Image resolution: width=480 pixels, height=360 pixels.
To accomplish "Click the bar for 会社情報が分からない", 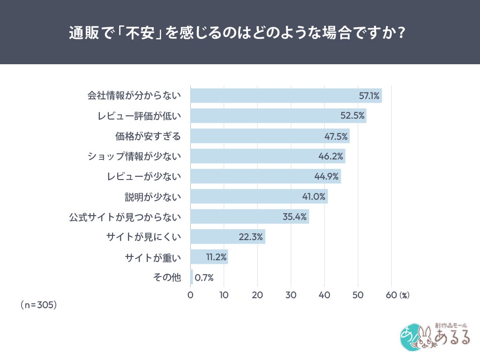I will pyautogui.click(x=286, y=96).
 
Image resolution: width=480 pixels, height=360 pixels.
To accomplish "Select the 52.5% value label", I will pyautogui.click(x=352, y=116).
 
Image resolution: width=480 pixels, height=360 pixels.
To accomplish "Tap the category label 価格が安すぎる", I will pyautogui.click(x=148, y=136).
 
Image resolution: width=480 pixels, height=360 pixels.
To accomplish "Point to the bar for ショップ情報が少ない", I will pyautogui.click(x=268, y=156).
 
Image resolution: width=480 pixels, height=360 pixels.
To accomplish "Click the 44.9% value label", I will pyautogui.click(x=327, y=177).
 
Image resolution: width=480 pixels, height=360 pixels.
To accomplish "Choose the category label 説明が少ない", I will pyautogui.click(x=152, y=197).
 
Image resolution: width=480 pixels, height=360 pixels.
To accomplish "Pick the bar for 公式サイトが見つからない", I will pyautogui.click(x=249, y=217).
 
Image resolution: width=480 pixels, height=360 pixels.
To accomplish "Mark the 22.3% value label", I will pyautogui.click(x=251, y=237).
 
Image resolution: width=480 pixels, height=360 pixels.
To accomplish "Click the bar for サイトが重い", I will pyautogui.click(x=209, y=257).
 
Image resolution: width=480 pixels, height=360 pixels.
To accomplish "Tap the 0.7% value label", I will pyautogui.click(x=204, y=277).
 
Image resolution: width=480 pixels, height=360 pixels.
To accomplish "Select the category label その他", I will pyautogui.click(x=167, y=277).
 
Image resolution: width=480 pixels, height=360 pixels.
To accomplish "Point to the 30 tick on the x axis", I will pyautogui.click(x=291, y=295).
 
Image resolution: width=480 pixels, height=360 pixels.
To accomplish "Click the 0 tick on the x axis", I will pyautogui.click(x=190, y=295).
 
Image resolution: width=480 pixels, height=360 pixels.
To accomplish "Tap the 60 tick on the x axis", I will pyautogui.click(x=391, y=295).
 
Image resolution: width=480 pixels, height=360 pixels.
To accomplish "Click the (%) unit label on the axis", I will pyautogui.click(x=404, y=295).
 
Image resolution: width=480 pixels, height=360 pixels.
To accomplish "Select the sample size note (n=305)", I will pyautogui.click(x=39, y=305).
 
